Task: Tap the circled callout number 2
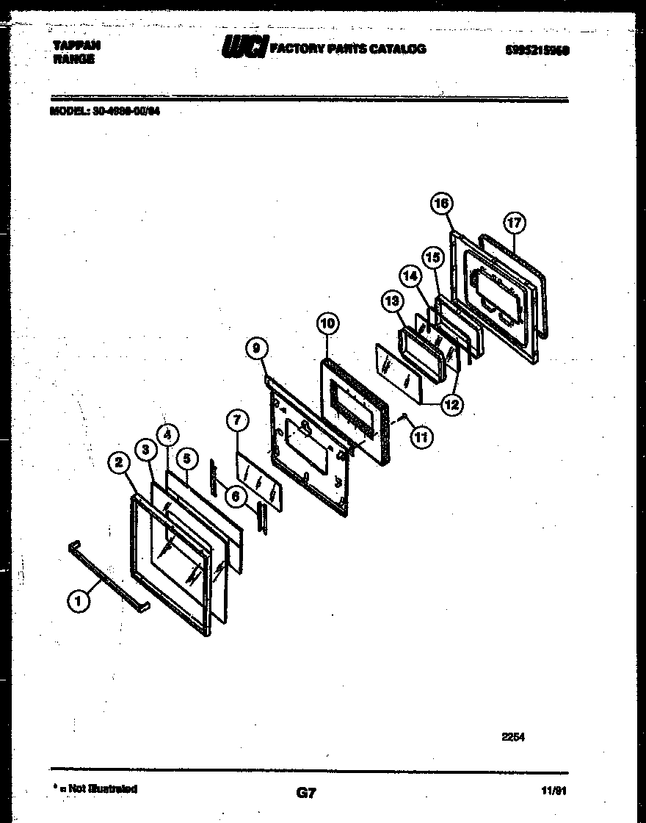tap(118, 462)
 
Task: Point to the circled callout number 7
tap(236, 421)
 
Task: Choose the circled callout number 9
tap(255, 350)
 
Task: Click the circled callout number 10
tap(327, 323)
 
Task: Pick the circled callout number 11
tap(421, 436)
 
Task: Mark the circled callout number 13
tap(391, 301)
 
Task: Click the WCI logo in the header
tap(245, 49)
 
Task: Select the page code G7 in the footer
tap(306, 793)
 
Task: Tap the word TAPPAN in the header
tap(76, 46)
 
